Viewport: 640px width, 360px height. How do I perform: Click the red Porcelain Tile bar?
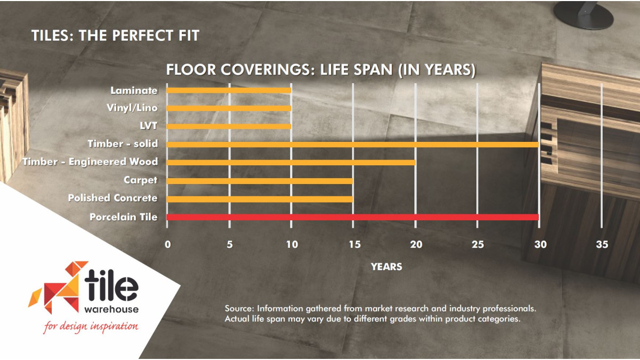pos(353,217)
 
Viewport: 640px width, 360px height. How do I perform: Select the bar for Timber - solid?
pos(353,145)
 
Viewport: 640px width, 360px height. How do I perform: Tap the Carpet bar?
pos(260,181)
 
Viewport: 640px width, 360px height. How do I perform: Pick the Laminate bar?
pos(229,90)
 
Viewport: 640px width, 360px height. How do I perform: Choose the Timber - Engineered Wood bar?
pos(291,163)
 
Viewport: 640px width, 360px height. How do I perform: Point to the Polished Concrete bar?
pos(260,199)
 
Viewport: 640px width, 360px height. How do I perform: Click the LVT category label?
pos(149,126)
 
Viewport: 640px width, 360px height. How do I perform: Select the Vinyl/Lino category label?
pos(132,108)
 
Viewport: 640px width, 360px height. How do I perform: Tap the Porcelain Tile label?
pos(123,217)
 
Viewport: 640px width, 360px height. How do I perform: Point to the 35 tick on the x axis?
pos(602,244)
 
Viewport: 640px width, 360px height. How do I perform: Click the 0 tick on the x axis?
pos(167,244)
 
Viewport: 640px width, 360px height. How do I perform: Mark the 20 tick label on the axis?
pos(416,244)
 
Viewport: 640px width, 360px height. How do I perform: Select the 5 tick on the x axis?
pos(230,244)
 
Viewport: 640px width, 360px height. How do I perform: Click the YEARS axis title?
pos(386,267)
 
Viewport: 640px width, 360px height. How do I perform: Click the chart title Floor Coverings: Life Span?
pos(321,70)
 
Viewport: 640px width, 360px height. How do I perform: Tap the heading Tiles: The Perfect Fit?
pos(115,36)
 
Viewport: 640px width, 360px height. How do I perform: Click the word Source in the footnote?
pos(239,309)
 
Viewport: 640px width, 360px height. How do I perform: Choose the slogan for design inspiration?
pos(91,326)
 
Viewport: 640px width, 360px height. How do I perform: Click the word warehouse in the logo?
pos(111,309)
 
